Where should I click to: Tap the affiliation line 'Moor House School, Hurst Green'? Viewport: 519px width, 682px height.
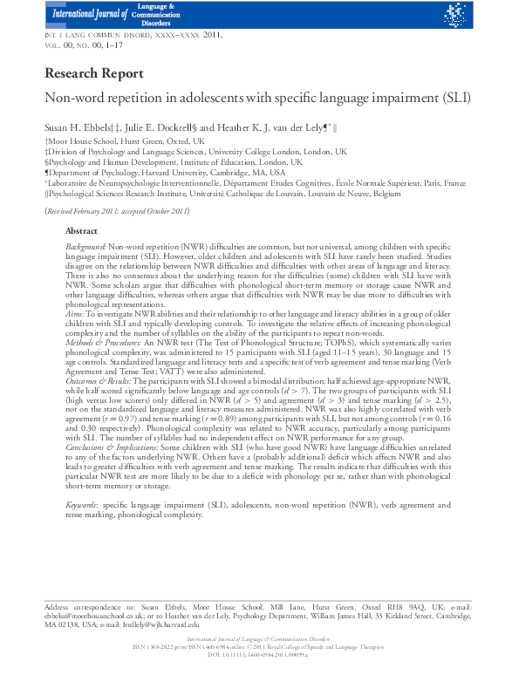coord(126,140)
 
